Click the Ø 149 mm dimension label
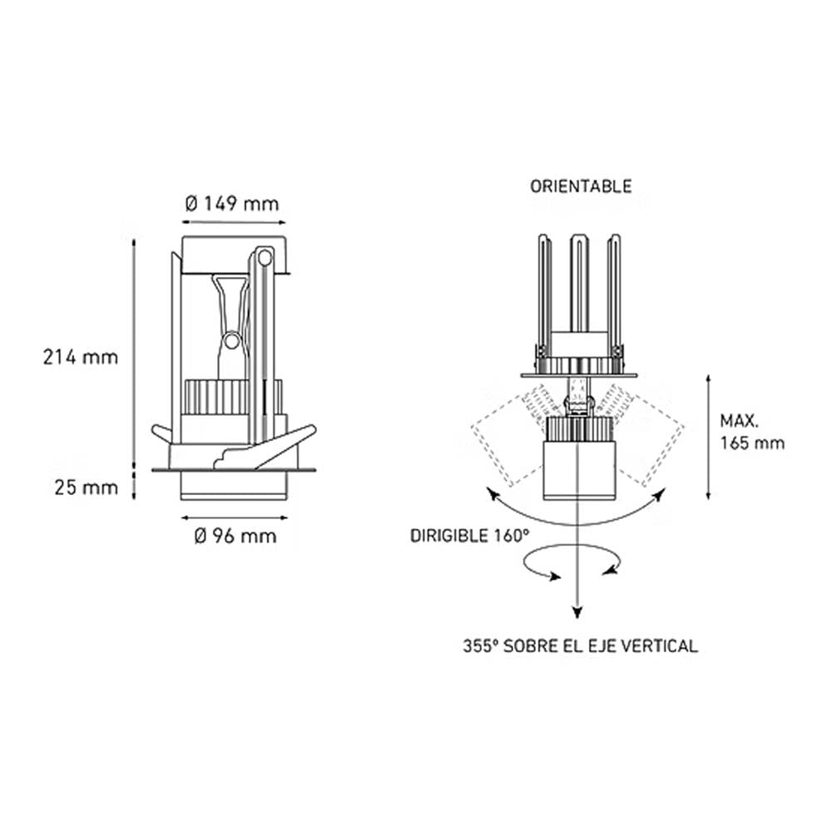tap(231, 204)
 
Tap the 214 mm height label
tap(81, 358)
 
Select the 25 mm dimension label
tap(86, 488)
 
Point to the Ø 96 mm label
tap(235, 537)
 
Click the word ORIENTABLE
tap(581, 186)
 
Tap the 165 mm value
tap(752, 443)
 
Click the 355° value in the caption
tap(480, 646)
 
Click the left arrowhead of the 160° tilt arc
tap(493, 496)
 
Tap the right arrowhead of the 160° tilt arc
tap(661, 496)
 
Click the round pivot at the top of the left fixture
tap(265, 258)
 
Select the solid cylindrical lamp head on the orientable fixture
tap(579, 470)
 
